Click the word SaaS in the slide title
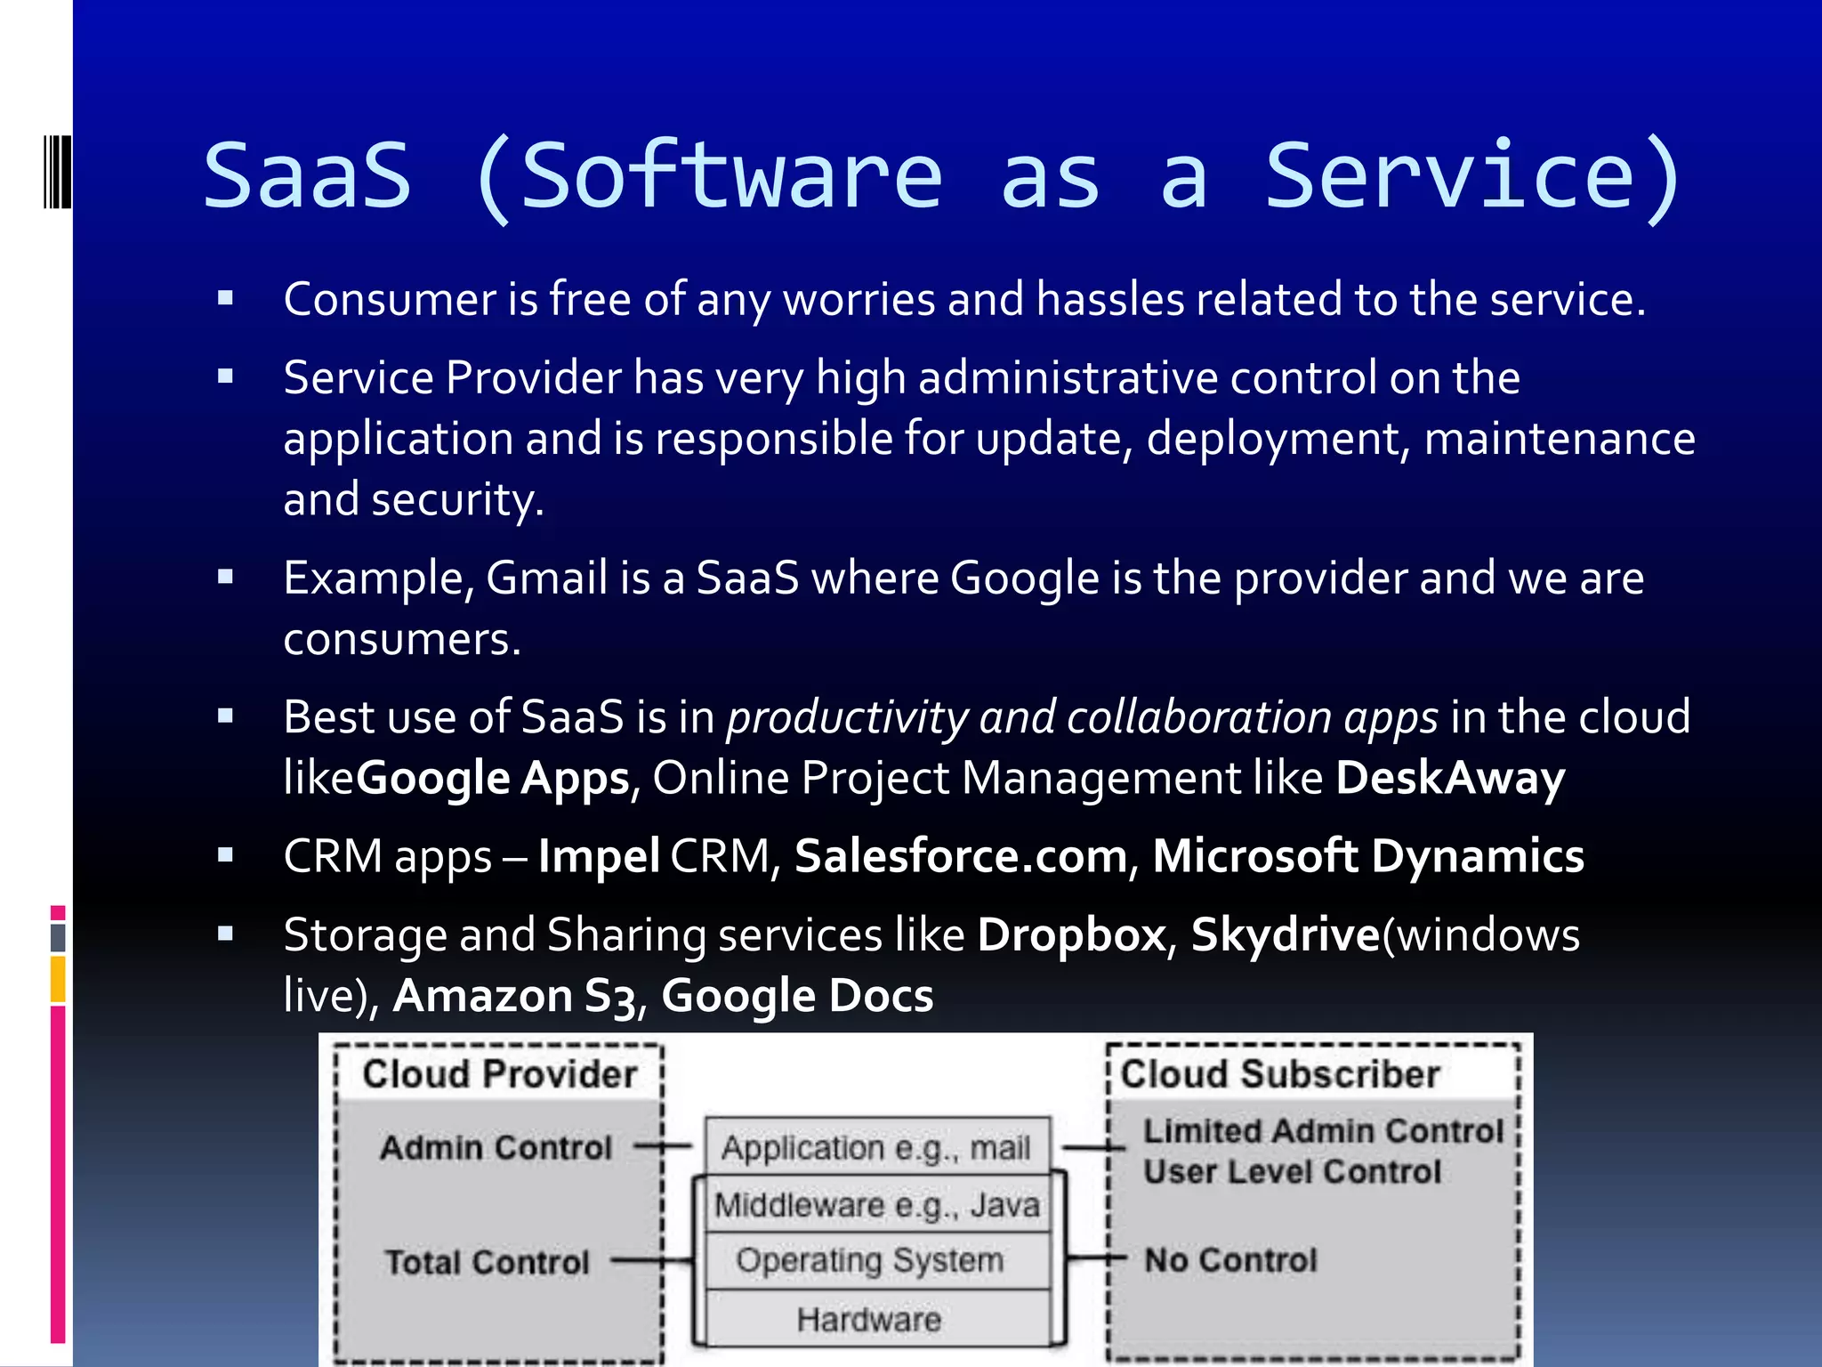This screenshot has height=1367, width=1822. (308, 176)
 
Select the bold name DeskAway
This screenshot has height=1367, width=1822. (1450, 778)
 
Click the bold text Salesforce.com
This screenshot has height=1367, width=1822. (961, 856)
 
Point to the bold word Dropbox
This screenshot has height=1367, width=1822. (1071, 935)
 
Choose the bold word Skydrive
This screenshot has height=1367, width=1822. (1285, 935)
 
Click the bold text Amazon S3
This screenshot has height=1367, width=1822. (515, 996)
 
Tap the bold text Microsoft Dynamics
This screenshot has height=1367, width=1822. (1368, 856)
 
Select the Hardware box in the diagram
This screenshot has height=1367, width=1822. (869, 1319)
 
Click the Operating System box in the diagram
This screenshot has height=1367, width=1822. (869, 1260)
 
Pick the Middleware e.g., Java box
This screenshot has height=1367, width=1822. (877, 1205)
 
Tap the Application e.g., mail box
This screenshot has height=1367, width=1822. (876, 1148)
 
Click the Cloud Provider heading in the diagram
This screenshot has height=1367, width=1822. (499, 1074)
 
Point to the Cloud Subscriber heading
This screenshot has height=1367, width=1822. (1279, 1074)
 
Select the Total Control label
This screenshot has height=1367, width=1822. (487, 1262)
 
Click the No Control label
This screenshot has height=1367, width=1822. (1230, 1260)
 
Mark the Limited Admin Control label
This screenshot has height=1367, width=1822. (1323, 1131)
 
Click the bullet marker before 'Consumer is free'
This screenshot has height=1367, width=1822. (225, 299)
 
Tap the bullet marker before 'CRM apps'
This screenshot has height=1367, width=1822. (225, 856)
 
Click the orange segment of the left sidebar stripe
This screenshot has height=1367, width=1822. (58, 979)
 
